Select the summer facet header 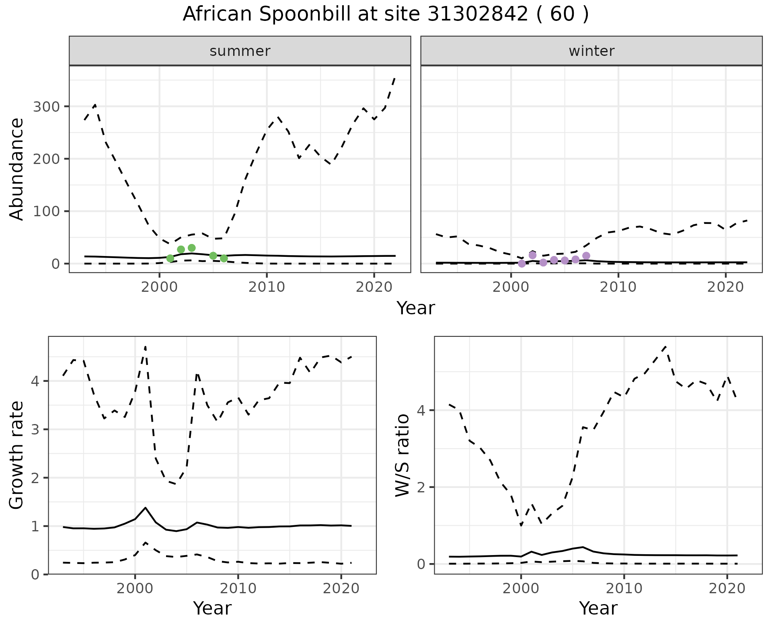240,51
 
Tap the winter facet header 591,51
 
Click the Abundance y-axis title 17,169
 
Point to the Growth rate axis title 17,455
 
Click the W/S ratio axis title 402,455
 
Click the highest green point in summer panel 191,248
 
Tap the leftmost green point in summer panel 170,258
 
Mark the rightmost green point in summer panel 224,258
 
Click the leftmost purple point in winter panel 522,264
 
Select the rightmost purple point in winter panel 586,256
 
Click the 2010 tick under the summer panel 267,287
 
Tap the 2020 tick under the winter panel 726,287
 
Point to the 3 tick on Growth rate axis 35,430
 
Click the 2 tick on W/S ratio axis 421,488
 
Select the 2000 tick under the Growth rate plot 135,588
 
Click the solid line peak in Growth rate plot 145,508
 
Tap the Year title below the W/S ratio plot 598,609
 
